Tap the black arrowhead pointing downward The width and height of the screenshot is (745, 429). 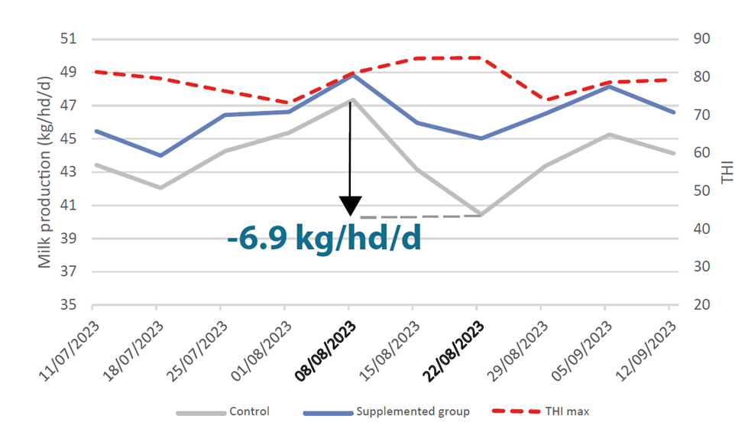point(350,206)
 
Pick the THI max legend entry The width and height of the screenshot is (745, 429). point(566,411)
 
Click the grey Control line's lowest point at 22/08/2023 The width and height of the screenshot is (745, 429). point(478,215)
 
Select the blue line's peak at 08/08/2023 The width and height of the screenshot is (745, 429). point(350,75)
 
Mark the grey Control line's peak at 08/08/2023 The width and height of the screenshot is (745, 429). point(350,99)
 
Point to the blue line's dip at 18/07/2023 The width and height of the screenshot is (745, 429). point(157,155)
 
